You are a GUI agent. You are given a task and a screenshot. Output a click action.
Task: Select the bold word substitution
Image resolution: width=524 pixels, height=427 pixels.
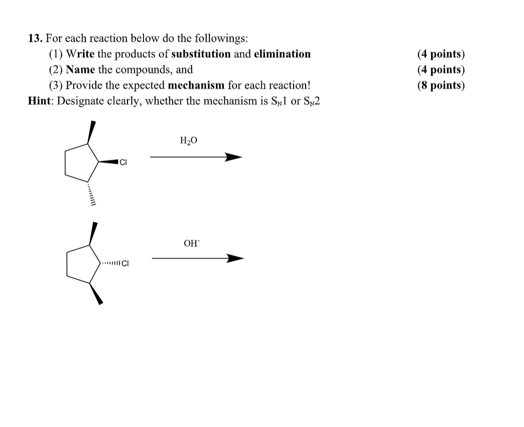coord(201,54)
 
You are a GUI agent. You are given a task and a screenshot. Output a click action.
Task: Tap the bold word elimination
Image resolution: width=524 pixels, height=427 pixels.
coord(282,54)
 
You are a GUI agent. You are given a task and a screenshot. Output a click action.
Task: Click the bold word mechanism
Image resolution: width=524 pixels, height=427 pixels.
coord(196,85)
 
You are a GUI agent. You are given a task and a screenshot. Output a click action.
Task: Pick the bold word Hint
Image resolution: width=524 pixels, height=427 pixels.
coord(40,100)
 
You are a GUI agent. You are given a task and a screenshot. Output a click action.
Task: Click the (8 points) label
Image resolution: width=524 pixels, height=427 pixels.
coord(441,85)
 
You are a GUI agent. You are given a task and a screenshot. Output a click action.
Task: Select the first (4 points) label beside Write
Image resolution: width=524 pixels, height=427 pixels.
coord(441,54)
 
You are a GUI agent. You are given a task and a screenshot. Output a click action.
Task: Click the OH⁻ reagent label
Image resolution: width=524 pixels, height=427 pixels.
coord(191,243)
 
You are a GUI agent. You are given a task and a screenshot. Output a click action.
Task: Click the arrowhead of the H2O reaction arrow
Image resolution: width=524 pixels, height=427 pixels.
coord(233,158)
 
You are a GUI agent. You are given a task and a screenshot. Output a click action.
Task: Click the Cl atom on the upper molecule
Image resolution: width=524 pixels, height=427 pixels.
coord(123,162)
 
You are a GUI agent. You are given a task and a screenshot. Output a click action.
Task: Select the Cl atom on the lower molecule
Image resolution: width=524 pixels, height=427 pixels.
coord(125,263)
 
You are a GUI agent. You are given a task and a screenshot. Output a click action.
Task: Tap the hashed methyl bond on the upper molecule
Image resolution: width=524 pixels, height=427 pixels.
coord(91,193)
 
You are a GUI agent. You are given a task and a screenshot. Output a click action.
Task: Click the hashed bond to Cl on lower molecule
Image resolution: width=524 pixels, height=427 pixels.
coord(110,263)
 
